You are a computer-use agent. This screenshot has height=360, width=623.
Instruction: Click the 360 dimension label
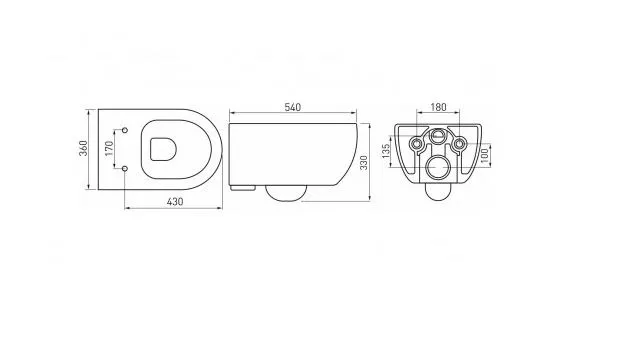[83, 148]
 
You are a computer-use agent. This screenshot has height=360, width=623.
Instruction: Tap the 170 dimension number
[110, 148]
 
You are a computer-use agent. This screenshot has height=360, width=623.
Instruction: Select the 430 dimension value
[175, 202]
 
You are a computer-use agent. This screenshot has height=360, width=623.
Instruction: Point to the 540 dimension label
[293, 107]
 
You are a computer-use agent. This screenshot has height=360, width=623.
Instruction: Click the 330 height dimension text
[364, 163]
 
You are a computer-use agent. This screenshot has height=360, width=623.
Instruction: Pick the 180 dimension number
[438, 107]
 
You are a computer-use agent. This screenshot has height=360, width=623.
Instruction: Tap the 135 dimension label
[386, 151]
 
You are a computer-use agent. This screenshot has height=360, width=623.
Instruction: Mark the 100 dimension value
[484, 155]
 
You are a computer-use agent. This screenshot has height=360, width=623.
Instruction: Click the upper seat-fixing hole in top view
[125, 130]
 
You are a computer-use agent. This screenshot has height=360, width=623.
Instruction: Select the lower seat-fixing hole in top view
[125, 169]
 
